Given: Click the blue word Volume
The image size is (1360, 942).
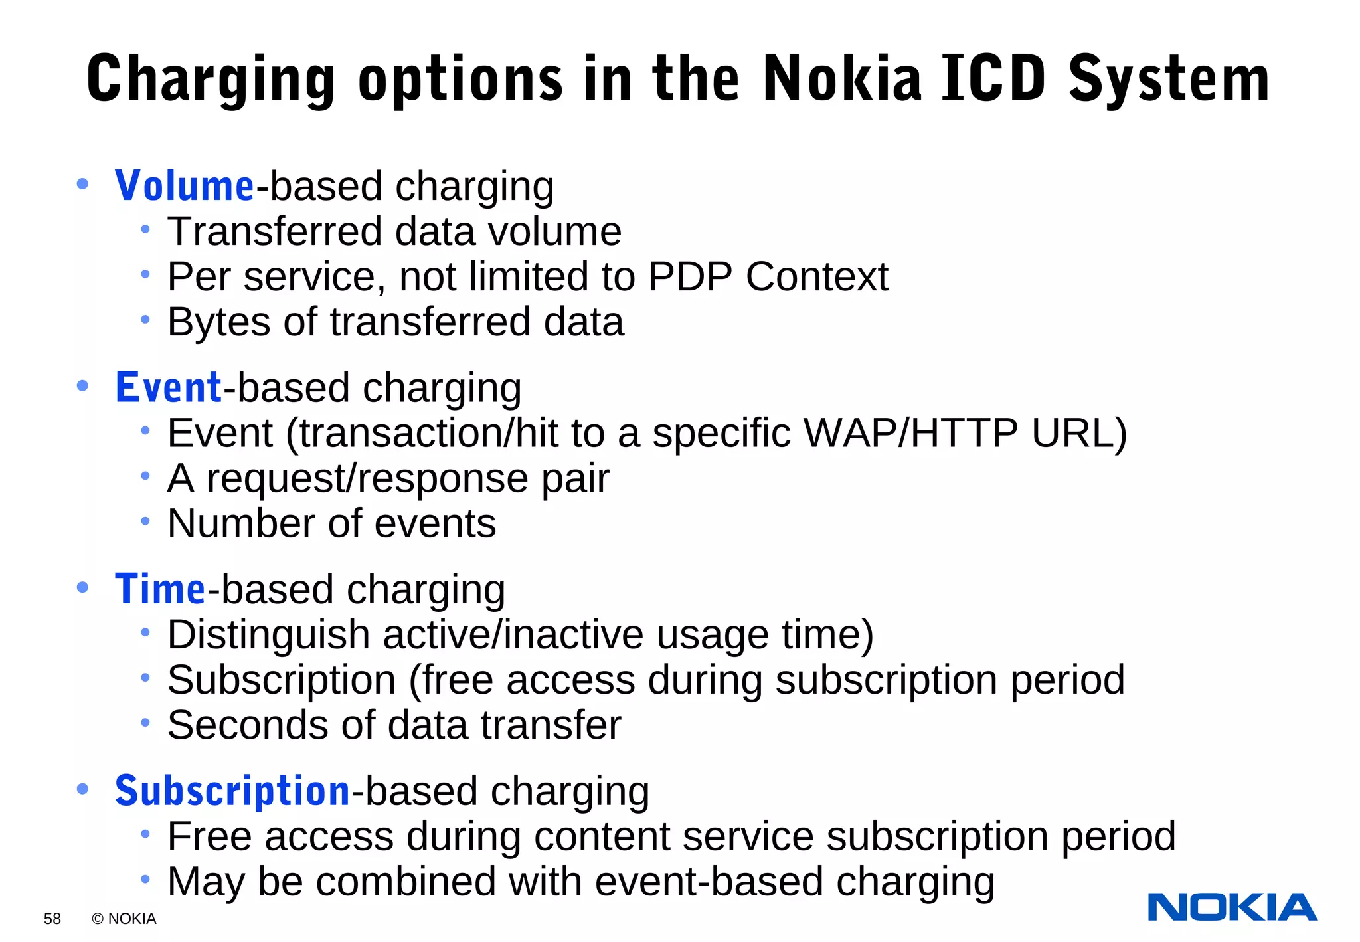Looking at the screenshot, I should pyautogui.click(x=184, y=186).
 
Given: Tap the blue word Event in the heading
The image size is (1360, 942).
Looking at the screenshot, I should pyautogui.click(x=168, y=387).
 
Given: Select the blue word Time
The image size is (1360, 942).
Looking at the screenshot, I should pyautogui.click(x=160, y=589).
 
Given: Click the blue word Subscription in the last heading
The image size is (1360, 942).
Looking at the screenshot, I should pyautogui.click(x=232, y=791).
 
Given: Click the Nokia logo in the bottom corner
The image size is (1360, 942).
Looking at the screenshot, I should pyautogui.click(x=1232, y=907).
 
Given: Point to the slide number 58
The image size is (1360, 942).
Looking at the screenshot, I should pyautogui.click(x=52, y=919).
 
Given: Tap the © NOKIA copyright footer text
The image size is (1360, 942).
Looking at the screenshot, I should pyautogui.click(x=124, y=919).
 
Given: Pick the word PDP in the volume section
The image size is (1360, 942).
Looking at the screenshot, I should pyautogui.click(x=690, y=276).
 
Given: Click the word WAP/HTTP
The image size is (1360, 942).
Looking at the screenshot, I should pyautogui.click(x=910, y=433).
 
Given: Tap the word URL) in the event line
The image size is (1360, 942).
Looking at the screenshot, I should pyautogui.click(x=1079, y=433).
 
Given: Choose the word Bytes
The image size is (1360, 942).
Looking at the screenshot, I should pyautogui.click(x=219, y=323).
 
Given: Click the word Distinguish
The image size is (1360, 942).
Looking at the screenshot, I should pyautogui.click(x=268, y=635).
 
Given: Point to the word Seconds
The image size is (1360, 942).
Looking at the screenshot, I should pyautogui.click(x=248, y=725).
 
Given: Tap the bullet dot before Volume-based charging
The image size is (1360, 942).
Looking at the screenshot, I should pyautogui.click(x=82, y=184).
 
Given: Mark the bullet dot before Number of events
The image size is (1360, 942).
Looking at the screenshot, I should pyautogui.click(x=145, y=521).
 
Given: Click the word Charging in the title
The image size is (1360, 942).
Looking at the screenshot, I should pyautogui.click(x=211, y=80).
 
